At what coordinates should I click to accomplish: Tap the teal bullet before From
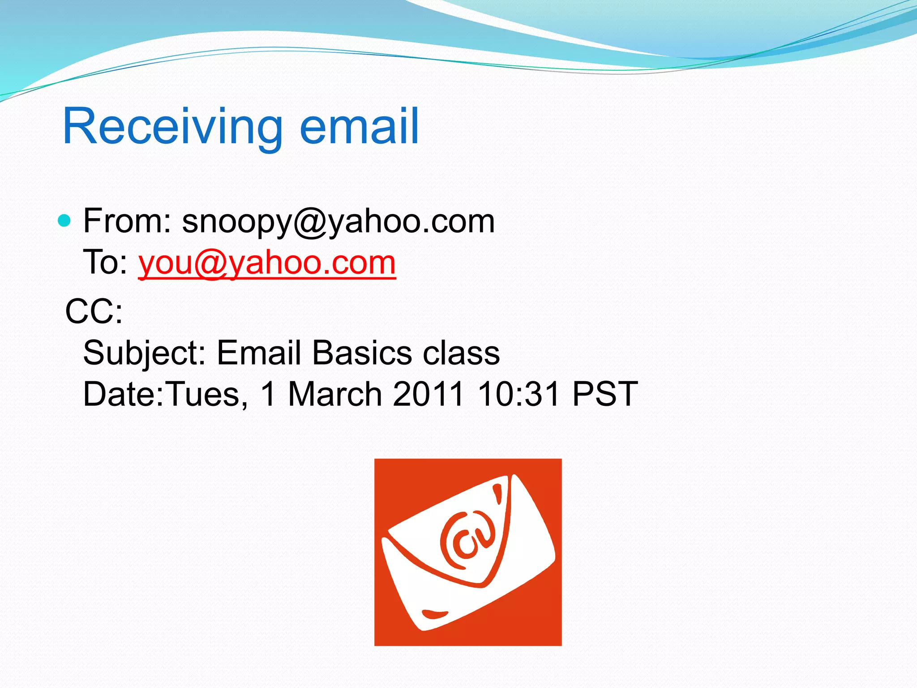[x=65, y=221]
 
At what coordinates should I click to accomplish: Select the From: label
[x=127, y=221]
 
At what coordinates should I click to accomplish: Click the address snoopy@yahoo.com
[x=338, y=222]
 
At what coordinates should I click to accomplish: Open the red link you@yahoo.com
[x=267, y=263]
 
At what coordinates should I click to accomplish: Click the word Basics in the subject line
[x=361, y=353]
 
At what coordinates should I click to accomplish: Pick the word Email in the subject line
[x=258, y=353]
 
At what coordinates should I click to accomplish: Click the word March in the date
[x=334, y=394]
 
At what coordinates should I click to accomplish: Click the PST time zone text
[x=605, y=394]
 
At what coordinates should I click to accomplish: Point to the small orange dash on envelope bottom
[x=434, y=614]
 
